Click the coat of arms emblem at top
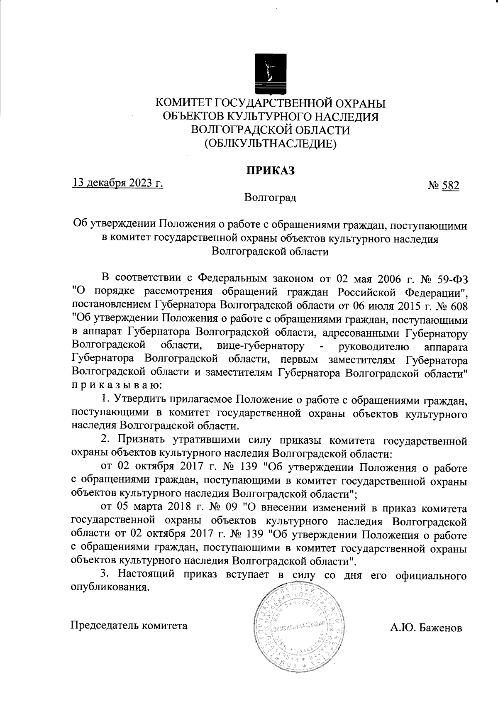(x=269, y=73)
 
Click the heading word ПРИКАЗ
(x=271, y=171)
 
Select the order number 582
(x=450, y=186)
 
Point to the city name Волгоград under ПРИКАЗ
(x=270, y=197)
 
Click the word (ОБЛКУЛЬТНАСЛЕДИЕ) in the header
(x=270, y=144)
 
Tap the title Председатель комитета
(x=129, y=625)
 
